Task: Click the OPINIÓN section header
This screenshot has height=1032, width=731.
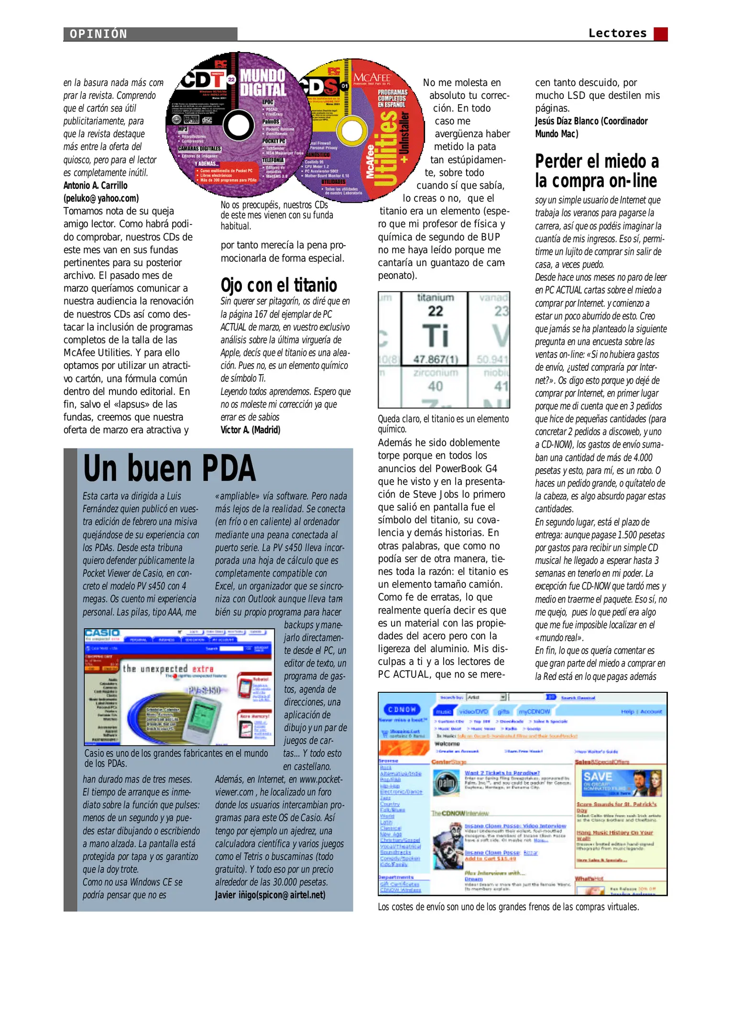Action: [98, 34]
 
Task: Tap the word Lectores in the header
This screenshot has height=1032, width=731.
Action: [617, 33]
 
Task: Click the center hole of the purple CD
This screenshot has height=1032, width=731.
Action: [238, 126]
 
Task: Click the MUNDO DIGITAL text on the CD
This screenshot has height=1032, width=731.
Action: [262, 83]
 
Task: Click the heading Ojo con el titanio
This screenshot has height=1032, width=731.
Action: [279, 285]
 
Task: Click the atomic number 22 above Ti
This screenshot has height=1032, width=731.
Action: [435, 312]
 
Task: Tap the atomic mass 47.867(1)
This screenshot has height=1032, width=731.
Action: [435, 359]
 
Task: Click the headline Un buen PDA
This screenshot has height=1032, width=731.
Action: [169, 468]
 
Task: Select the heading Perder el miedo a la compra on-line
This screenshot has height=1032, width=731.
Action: [597, 171]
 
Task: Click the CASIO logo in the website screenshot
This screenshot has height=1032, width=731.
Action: [102, 634]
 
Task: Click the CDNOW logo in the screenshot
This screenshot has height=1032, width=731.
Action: [402, 709]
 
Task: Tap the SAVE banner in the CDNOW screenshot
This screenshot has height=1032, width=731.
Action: [598, 777]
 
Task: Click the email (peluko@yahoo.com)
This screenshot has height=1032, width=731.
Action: [101, 198]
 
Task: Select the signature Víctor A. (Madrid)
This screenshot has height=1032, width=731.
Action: [250, 430]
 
